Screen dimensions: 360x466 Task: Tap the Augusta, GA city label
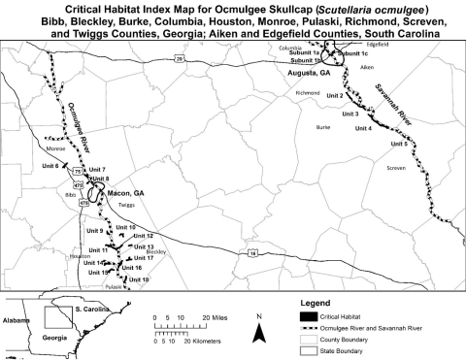coord(310,74)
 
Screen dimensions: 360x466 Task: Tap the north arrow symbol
coord(259,330)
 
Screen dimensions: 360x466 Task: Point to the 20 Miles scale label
coord(215,318)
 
